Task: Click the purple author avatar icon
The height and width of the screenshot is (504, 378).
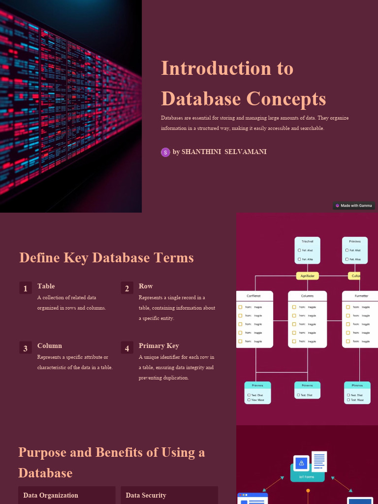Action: point(165,152)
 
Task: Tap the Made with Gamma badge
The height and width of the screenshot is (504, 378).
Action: point(353,206)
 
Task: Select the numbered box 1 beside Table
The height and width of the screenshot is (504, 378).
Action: point(26,288)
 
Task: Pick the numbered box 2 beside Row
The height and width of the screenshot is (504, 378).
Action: point(127,288)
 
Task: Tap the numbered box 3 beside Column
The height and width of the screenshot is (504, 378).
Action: point(26,348)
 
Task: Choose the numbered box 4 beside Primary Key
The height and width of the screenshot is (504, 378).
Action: point(127,348)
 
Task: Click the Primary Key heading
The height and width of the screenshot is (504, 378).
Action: point(158,346)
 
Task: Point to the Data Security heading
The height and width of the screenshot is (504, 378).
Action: point(146,495)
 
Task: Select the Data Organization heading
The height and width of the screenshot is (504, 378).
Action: point(50,495)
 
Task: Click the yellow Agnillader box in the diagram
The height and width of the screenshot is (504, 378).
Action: point(308,276)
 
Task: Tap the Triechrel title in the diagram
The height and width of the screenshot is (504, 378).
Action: point(308,242)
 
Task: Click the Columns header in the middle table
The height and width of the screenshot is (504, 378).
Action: point(307,296)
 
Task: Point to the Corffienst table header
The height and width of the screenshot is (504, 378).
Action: point(254,296)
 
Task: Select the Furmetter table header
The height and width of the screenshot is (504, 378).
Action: point(361,296)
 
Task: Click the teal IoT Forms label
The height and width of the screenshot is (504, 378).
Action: point(307,477)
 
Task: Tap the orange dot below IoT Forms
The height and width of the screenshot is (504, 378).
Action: point(308,491)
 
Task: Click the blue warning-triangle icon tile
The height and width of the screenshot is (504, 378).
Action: point(301,463)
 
